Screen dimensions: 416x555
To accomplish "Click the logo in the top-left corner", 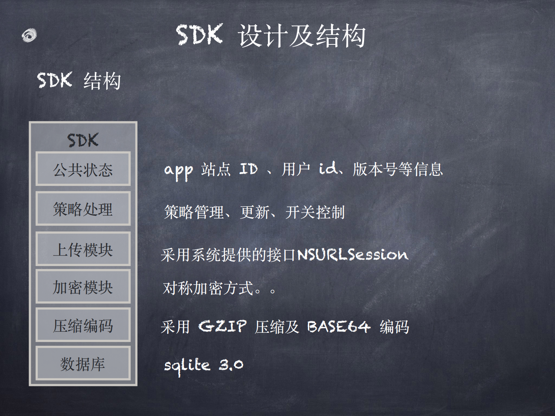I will pyautogui.click(x=29, y=35).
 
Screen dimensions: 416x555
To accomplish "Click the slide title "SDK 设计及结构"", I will pyautogui.click(x=271, y=36).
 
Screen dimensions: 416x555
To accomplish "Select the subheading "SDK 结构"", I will pyautogui.click(x=79, y=81).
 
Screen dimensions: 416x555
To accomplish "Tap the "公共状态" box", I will pyautogui.click(x=83, y=169).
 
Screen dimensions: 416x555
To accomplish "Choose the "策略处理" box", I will pyautogui.click(x=83, y=209).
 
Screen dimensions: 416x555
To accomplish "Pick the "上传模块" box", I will pyautogui.click(x=83, y=249).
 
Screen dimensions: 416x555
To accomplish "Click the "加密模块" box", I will pyautogui.click(x=83, y=287).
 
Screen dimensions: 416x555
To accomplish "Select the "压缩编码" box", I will pyautogui.click(x=83, y=325).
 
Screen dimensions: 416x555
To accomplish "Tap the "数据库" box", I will pyautogui.click(x=83, y=364).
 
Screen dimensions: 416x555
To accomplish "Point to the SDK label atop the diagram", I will pyautogui.click(x=83, y=140).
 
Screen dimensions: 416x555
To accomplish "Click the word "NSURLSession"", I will pyautogui.click(x=353, y=254).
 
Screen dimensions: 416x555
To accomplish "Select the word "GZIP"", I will pyautogui.click(x=222, y=327).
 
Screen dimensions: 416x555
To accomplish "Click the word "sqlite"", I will pyautogui.click(x=187, y=366).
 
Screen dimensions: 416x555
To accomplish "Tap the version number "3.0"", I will pyautogui.click(x=231, y=365).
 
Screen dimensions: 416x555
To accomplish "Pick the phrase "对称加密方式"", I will pyautogui.click(x=208, y=288).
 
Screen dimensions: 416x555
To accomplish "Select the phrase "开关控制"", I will pyautogui.click(x=315, y=212).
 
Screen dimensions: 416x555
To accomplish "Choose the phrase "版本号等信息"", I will pyautogui.click(x=398, y=169).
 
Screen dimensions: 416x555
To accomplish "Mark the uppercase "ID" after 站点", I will pyautogui.click(x=249, y=169).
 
